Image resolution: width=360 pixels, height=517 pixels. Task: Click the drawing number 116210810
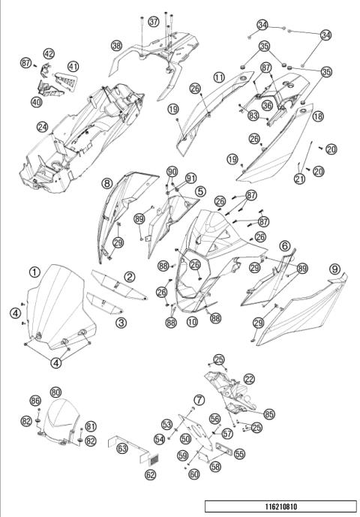(x=281, y=506)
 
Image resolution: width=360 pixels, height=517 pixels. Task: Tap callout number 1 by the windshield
(x=34, y=272)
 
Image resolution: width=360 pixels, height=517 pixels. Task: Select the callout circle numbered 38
(x=116, y=46)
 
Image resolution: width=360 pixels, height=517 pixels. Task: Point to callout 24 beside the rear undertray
(x=42, y=127)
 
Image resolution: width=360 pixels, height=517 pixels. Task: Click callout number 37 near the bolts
(x=153, y=22)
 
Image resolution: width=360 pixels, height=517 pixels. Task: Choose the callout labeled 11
(x=219, y=77)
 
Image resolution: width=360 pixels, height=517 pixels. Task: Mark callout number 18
(x=318, y=116)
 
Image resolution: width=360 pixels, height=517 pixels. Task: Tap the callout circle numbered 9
(x=334, y=269)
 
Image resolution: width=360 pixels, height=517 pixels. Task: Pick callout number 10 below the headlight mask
(x=192, y=322)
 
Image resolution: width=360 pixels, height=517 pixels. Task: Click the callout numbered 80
(x=55, y=392)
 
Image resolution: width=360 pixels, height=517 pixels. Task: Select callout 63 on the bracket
(x=122, y=448)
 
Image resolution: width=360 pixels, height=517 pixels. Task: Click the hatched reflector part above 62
(x=154, y=458)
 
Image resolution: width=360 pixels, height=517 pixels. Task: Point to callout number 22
(x=249, y=379)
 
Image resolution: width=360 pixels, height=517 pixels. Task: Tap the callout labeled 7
(x=199, y=400)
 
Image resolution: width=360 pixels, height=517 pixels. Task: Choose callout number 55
(x=240, y=454)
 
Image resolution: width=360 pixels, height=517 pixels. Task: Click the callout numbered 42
(x=49, y=54)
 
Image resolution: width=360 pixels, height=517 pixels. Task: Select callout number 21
(x=300, y=179)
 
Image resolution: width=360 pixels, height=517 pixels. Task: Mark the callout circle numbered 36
(x=267, y=106)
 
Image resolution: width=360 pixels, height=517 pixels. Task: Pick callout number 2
(x=130, y=277)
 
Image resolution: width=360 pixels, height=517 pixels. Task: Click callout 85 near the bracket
(x=269, y=414)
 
